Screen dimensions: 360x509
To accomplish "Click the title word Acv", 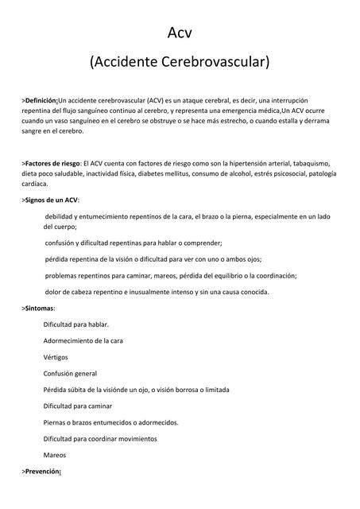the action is point(180,32).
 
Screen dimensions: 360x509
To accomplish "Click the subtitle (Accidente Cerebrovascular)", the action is point(180,61).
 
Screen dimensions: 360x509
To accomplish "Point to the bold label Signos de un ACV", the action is point(52,200).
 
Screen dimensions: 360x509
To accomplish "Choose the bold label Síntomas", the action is point(39,308).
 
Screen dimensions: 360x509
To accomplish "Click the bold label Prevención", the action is point(43,472).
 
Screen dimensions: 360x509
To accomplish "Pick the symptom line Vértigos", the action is point(56,357).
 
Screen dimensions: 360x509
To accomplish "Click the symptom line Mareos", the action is point(55,455).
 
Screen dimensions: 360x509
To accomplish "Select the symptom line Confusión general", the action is point(70,373).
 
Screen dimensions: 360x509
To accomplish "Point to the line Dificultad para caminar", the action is point(78,406).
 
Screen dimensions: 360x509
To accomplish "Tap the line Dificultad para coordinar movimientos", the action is point(100,438).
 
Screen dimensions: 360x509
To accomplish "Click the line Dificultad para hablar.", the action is point(75,324).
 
